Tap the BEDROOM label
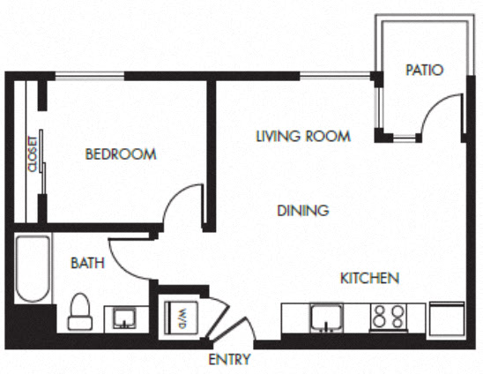pyautogui.click(x=120, y=154)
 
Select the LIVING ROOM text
pyautogui.click(x=303, y=136)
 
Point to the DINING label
pyautogui.click(x=302, y=211)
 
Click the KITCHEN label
pyautogui.click(x=369, y=278)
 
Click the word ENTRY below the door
pyautogui.click(x=229, y=359)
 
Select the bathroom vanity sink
pyautogui.click(x=123, y=318)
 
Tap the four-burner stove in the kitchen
pyautogui.click(x=389, y=318)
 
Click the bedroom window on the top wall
pyautogui.click(x=85, y=78)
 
